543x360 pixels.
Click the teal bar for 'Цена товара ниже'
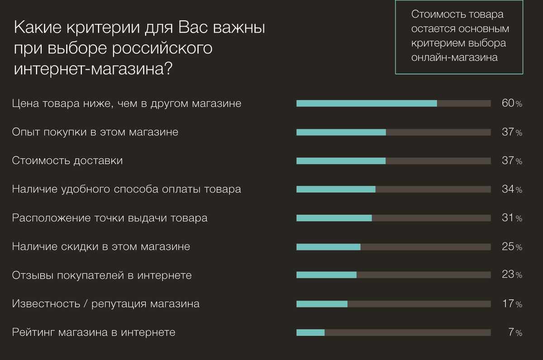367,103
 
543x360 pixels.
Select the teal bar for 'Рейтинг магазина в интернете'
310,332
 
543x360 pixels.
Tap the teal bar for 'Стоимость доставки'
341,161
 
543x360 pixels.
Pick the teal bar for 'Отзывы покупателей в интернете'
326,275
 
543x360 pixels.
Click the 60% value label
512,103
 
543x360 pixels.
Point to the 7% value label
515,332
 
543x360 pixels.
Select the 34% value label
512,189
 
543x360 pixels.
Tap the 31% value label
512,218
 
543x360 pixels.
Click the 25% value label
512,247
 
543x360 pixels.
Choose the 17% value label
512,304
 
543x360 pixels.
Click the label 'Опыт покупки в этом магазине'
95,132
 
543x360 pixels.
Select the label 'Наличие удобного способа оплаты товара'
127,189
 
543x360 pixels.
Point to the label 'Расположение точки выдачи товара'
110,218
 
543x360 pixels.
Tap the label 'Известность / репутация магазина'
106,304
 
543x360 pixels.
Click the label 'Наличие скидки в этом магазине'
101,247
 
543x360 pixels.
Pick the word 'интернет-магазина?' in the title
93,69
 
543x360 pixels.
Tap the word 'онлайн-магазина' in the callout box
454,58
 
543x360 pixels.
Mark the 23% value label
512,275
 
